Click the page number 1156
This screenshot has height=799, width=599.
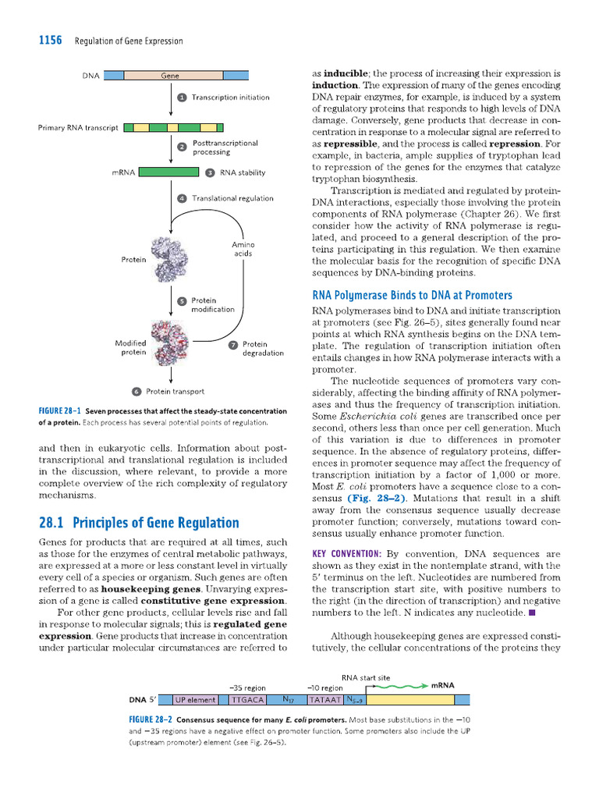(x=51, y=41)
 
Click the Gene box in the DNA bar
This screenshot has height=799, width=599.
(x=172, y=76)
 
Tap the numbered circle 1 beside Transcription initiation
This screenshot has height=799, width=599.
(x=182, y=98)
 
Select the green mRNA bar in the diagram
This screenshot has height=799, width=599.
(x=169, y=172)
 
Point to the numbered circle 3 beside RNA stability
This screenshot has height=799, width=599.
(x=210, y=172)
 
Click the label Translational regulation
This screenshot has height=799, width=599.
(x=232, y=198)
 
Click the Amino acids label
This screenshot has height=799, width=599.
(x=243, y=249)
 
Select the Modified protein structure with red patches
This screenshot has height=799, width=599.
(x=170, y=341)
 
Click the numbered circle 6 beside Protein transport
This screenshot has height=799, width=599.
(x=136, y=392)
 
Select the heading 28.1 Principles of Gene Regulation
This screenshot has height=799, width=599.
(x=139, y=523)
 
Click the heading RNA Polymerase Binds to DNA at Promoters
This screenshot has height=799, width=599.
(x=412, y=295)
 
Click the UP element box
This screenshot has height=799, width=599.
(x=195, y=700)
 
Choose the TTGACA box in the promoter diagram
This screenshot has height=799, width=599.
(x=248, y=700)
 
